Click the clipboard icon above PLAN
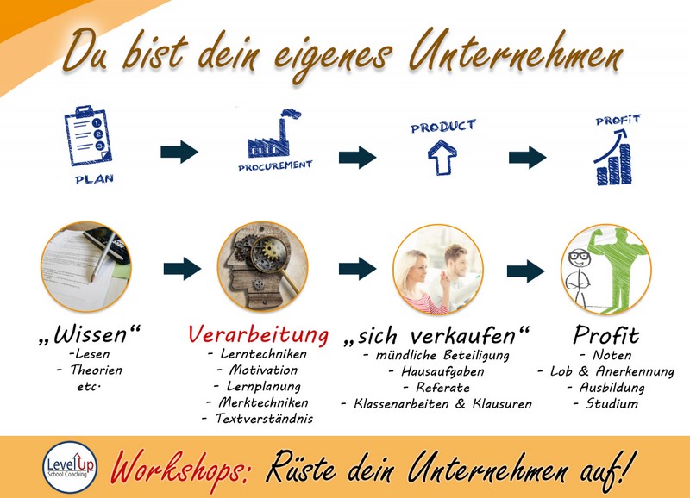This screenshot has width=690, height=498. click(88, 135)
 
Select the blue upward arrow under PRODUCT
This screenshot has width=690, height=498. click(442, 158)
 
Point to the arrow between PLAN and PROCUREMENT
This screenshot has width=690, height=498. click(179, 153)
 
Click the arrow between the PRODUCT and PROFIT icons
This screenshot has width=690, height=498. click(527, 157)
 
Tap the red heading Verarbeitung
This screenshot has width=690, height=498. click(258, 335)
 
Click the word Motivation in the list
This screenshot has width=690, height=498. click(263, 370)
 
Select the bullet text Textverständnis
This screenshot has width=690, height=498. click(264, 419)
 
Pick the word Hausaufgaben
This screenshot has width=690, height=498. click(442, 372)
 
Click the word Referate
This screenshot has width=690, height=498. click(442, 388)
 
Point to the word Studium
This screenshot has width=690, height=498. click(612, 403)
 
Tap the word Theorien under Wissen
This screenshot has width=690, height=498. click(96, 370)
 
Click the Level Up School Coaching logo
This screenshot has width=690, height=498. click(70, 467)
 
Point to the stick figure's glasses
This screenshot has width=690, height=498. click(578, 255)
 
